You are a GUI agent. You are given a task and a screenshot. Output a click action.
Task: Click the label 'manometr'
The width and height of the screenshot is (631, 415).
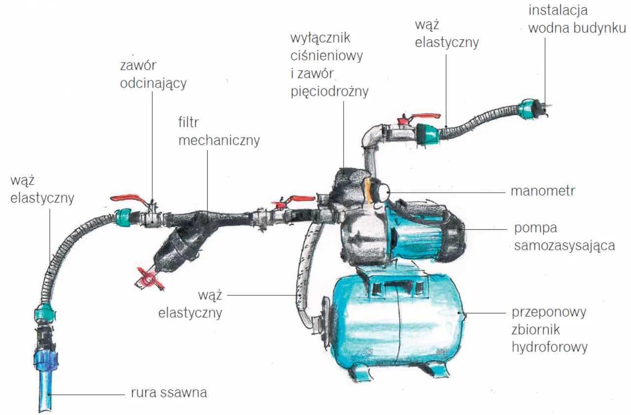(542, 191)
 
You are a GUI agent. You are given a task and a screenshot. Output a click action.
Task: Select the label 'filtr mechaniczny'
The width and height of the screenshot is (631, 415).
(218, 131)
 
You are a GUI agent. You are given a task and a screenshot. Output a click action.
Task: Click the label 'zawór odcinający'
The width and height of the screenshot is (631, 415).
(153, 74)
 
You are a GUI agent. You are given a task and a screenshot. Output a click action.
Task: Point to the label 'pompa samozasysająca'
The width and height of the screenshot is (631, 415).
(564, 237)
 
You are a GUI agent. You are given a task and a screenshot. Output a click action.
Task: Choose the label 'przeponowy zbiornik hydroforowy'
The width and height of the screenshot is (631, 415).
(549, 330)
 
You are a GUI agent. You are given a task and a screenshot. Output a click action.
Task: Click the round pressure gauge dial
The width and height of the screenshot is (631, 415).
(381, 190)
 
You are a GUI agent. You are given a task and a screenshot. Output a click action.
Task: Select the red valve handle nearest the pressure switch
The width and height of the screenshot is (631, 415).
(294, 200)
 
